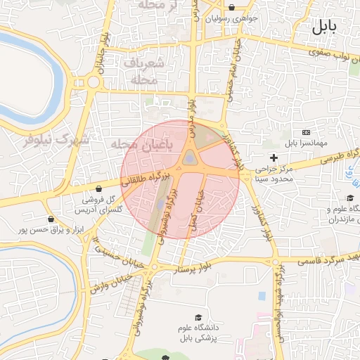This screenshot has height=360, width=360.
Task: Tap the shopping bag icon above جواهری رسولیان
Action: point(232,8)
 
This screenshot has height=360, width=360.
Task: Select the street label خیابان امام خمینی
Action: point(231,75)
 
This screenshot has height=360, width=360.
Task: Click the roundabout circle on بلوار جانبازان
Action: point(93,82)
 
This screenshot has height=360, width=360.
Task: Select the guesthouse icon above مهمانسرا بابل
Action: point(306,132)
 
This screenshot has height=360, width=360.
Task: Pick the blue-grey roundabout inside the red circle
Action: point(190,160)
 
